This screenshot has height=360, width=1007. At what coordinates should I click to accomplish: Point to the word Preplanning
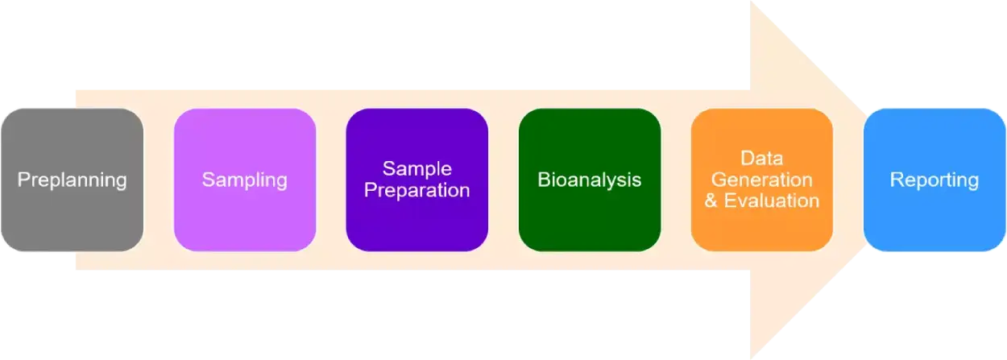pyautogui.click(x=72, y=179)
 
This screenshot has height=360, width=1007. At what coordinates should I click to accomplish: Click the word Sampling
pyautogui.click(x=244, y=179)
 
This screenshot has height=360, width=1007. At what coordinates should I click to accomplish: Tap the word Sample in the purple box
pyautogui.click(x=416, y=168)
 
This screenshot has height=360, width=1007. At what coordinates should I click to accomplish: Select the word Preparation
pyautogui.click(x=416, y=190)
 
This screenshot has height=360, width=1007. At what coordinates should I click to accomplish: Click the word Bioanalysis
pyautogui.click(x=589, y=179)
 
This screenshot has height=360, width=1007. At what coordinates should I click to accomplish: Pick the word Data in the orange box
pyautogui.click(x=761, y=158)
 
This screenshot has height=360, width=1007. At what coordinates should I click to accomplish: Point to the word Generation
pyautogui.click(x=761, y=179)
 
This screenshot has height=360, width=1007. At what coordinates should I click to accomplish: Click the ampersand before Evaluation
pyautogui.click(x=711, y=201)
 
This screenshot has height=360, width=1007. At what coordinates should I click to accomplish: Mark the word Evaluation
pyautogui.click(x=771, y=201)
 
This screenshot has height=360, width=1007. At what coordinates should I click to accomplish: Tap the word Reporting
pyautogui.click(x=934, y=179)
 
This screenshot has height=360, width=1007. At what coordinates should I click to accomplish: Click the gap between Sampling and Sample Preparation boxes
pyautogui.click(x=330, y=179)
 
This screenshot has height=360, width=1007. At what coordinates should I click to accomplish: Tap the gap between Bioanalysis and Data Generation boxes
pyautogui.click(x=676, y=179)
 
